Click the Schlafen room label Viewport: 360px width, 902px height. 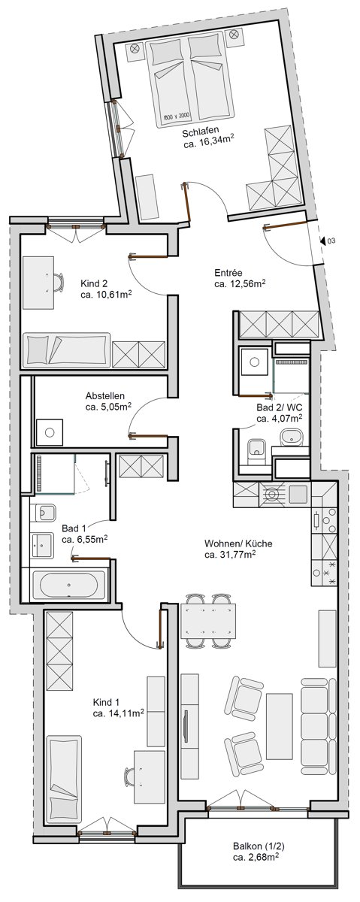(x=201, y=132)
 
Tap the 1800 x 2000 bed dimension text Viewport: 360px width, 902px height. (x=177, y=117)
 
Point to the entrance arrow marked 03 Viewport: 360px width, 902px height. (x=322, y=241)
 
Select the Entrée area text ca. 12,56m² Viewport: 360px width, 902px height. (x=240, y=285)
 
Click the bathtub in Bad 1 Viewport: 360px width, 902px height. (x=68, y=585)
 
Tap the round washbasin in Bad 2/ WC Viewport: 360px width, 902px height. (x=291, y=437)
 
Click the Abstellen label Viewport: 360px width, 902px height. (x=105, y=396)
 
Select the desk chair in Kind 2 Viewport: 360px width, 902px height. (x=58, y=283)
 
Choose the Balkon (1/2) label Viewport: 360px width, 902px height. (x=256, y=846)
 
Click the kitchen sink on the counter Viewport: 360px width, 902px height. (x=298, y=494)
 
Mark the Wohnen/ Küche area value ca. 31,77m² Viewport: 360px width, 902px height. (x=231, y=555)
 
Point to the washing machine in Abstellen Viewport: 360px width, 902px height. (x=50, y=432)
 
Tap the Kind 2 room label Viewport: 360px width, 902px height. (x=94, y=283)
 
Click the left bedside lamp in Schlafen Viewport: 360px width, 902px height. (x=135, y=49)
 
